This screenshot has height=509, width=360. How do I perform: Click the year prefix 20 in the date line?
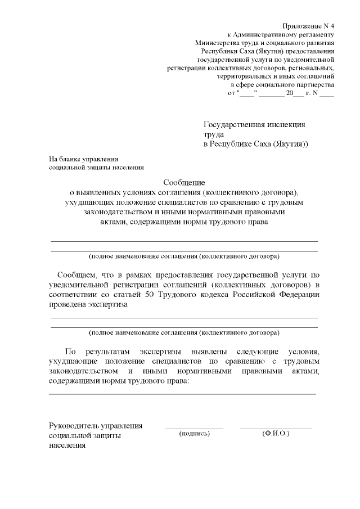point(289,92)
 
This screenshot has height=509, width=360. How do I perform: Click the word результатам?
point(110,350)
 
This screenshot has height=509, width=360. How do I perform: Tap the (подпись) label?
point(194,434)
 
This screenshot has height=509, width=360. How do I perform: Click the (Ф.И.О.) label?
point(276,434)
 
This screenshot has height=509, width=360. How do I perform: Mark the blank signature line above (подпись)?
point(194,429)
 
